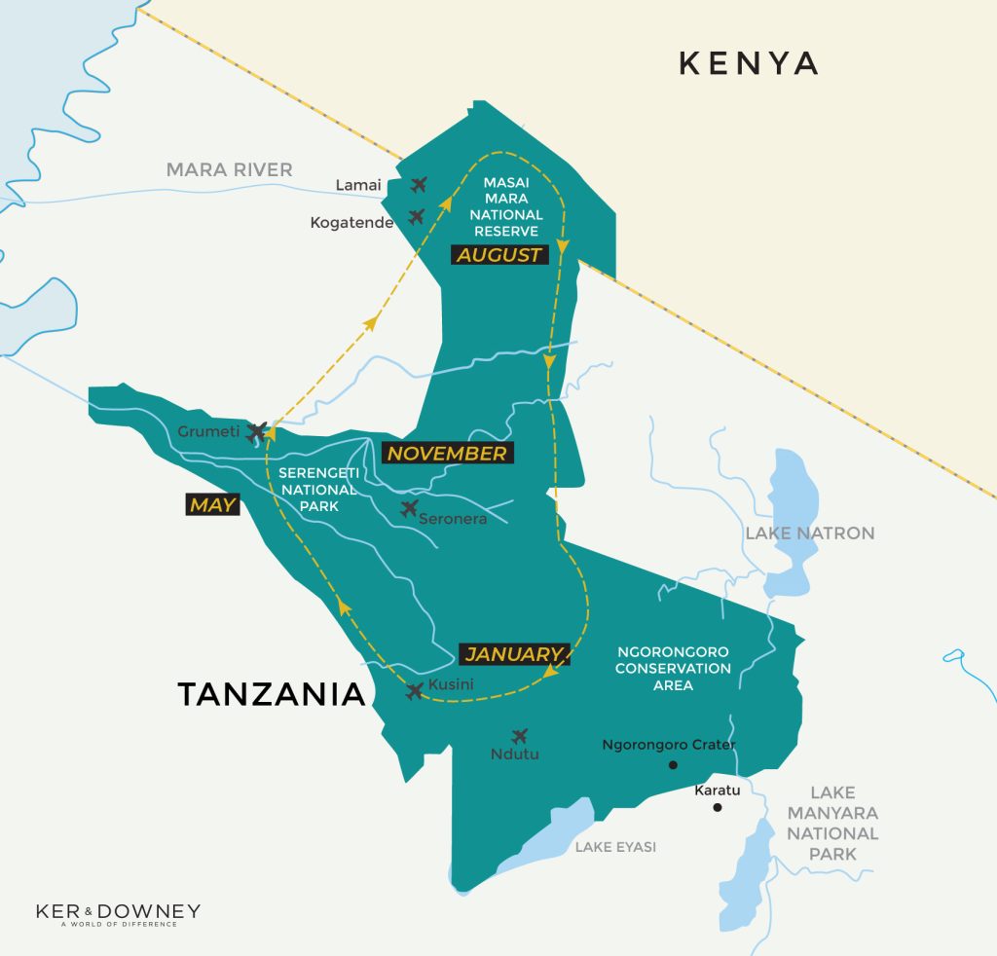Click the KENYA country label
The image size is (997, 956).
coord(748,63)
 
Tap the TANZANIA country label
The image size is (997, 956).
coord(271,694)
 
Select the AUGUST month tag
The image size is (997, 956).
coord(499,255)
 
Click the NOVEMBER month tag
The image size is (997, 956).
coord(447,453)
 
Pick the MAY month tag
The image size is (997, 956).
coord(212,504)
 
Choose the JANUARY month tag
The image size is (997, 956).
coord(513,654)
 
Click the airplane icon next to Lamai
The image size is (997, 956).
coord(420,184)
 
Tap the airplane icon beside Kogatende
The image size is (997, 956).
coord(417,216)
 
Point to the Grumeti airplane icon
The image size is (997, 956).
coord(257,430)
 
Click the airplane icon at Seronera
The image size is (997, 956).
coord(409,508)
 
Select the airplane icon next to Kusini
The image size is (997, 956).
coord(415,691)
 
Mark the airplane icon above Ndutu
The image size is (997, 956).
coord(519,736)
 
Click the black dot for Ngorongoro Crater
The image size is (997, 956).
coord(672,766)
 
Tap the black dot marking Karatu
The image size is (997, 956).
coord(718,808)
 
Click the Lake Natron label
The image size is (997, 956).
coord(809,533)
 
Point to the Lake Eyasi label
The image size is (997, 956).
coord(615,847)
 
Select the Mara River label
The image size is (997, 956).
coord(229,169)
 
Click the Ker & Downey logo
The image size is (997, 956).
coord(118,915)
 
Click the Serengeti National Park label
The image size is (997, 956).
coord(318,490)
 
